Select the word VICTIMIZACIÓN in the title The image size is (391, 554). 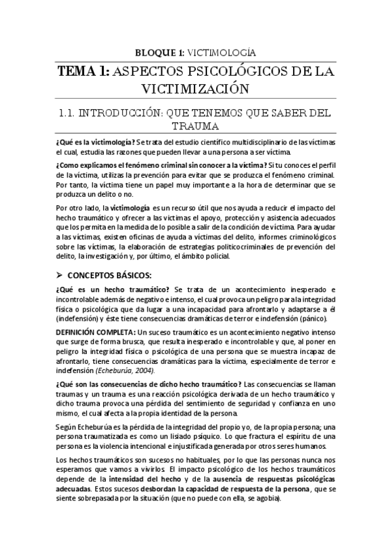(x=196, y=88)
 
